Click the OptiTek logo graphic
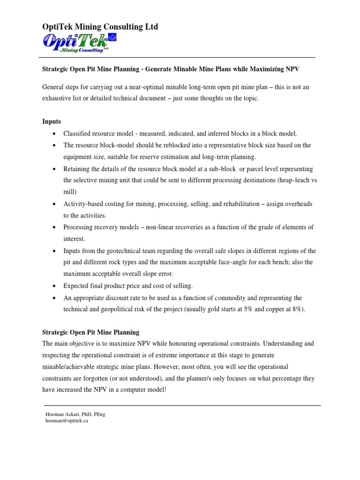[x=79, y=43]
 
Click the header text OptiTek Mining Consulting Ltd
[x=100, y=27]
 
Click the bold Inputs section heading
[x=52, y=121]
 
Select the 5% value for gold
[x=248, y=309]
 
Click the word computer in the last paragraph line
[x=127, y=390]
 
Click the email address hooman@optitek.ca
[x=67, y=421]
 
